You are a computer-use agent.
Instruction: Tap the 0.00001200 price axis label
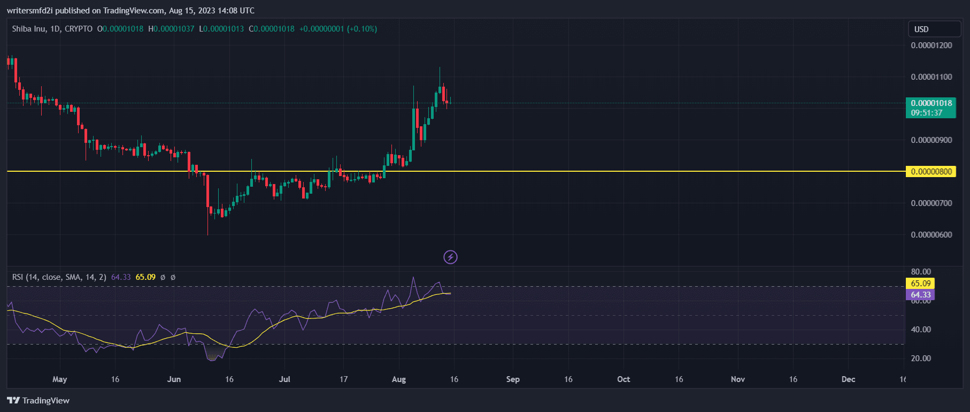931,45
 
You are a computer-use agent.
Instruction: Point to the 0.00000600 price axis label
931,235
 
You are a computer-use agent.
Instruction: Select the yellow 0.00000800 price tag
931,172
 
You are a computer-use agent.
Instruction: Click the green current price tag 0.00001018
931,104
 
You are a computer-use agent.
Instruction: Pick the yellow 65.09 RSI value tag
920,284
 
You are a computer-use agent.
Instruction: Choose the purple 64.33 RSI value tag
920,295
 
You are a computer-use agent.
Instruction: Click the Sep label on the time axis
512,379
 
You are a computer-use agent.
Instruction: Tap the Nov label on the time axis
737,379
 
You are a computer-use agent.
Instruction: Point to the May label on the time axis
59,379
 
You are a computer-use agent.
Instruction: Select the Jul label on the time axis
284,379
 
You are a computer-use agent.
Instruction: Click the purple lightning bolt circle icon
450,257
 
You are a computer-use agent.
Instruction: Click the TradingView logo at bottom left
39,401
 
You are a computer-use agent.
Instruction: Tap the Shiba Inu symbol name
29,29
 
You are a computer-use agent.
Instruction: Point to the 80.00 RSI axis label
921,272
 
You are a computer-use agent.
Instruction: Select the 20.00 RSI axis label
921,358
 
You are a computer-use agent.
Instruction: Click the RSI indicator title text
59,277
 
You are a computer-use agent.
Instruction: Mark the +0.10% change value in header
362,29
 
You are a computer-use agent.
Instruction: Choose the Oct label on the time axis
623,379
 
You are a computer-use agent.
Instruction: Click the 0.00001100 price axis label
931,77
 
